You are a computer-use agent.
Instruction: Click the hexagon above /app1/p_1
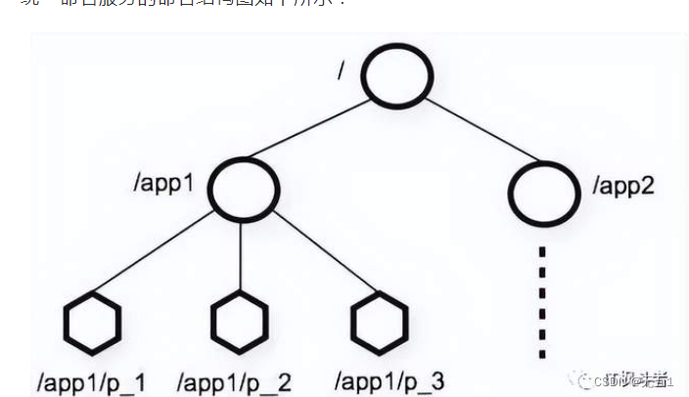[93, 320]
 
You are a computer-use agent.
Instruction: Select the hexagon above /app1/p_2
[241, 320]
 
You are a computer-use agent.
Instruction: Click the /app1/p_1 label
[91, 380]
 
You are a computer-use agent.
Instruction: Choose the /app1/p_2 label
[235, 380]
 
